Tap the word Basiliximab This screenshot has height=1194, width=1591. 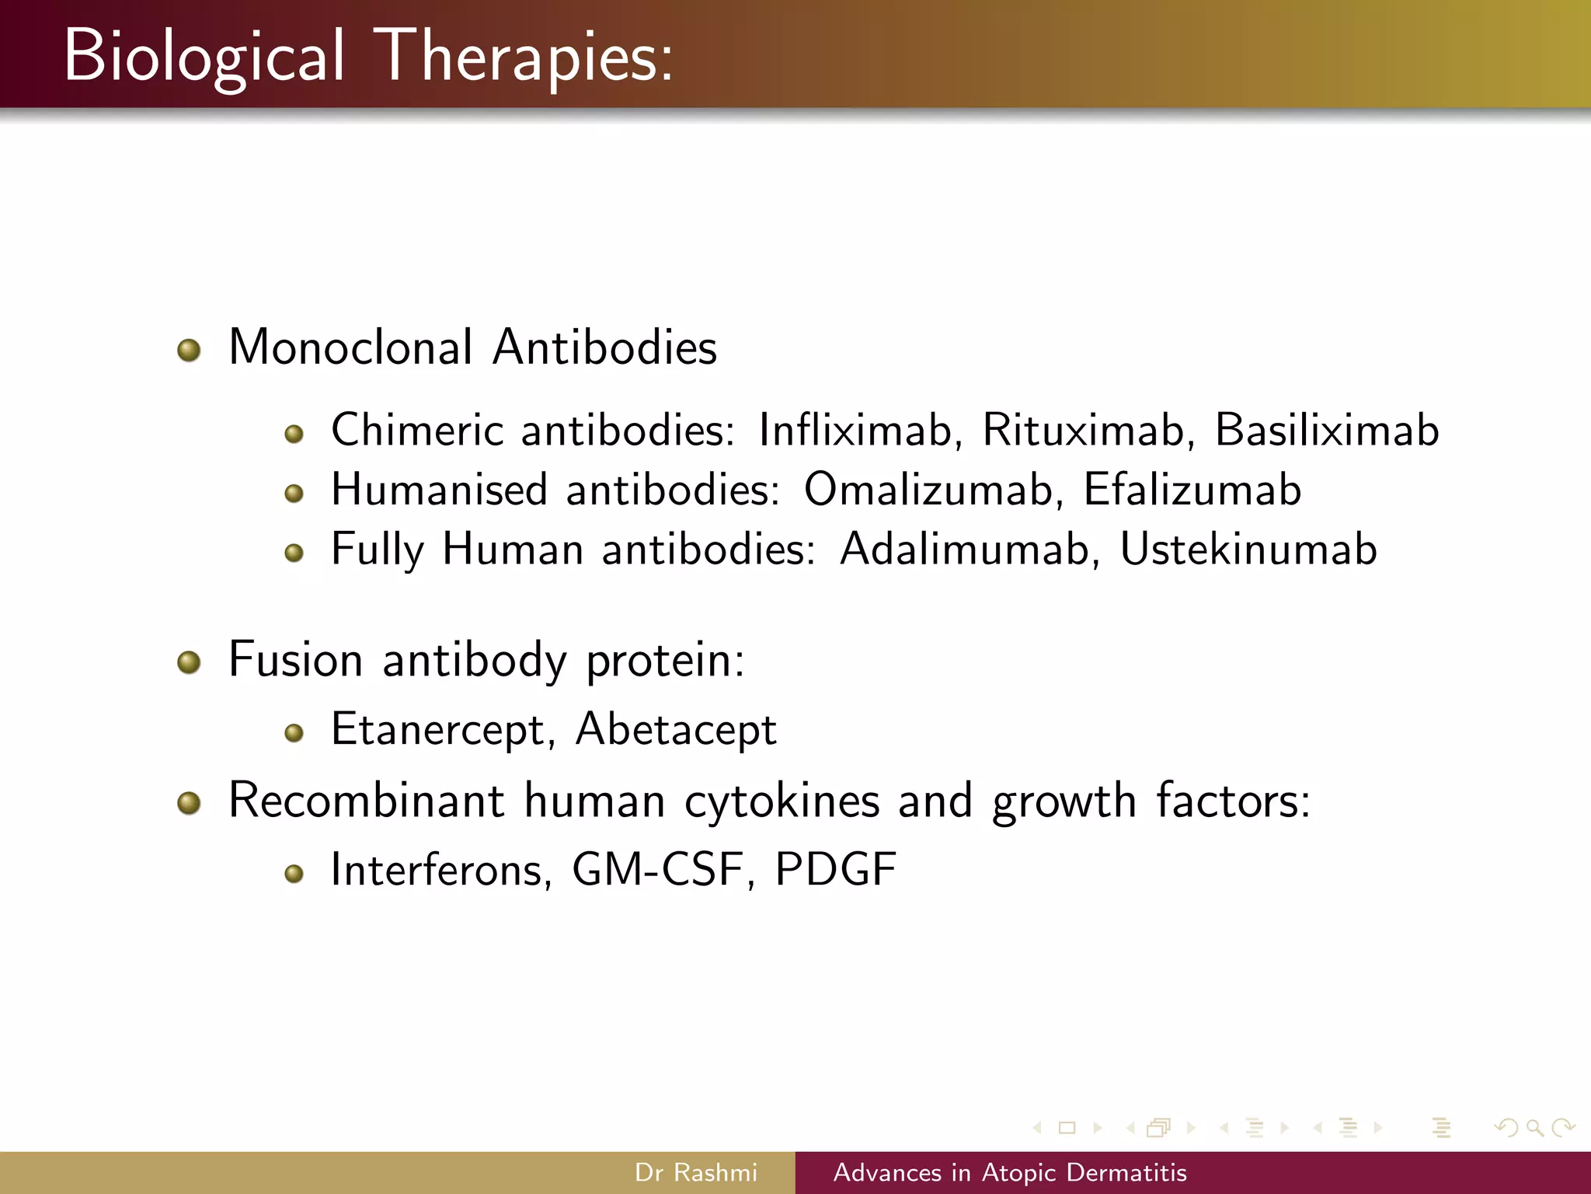point(1326,430)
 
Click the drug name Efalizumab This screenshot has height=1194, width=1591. point(1192,490)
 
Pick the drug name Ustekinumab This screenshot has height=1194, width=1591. point(1248,550)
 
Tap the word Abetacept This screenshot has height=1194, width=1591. point(676,730)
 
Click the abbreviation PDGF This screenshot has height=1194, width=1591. point(835,869)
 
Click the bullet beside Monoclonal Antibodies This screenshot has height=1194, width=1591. point(189,351)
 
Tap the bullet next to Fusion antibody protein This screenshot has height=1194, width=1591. point(189,663)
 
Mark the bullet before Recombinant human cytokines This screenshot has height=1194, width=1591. point(189,803)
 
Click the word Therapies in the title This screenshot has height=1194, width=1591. point(524,56)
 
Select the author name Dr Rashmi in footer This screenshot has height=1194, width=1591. point(695,1172)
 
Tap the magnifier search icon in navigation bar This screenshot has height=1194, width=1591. point(1534,1127)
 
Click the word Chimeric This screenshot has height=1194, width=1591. point(417,430)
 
